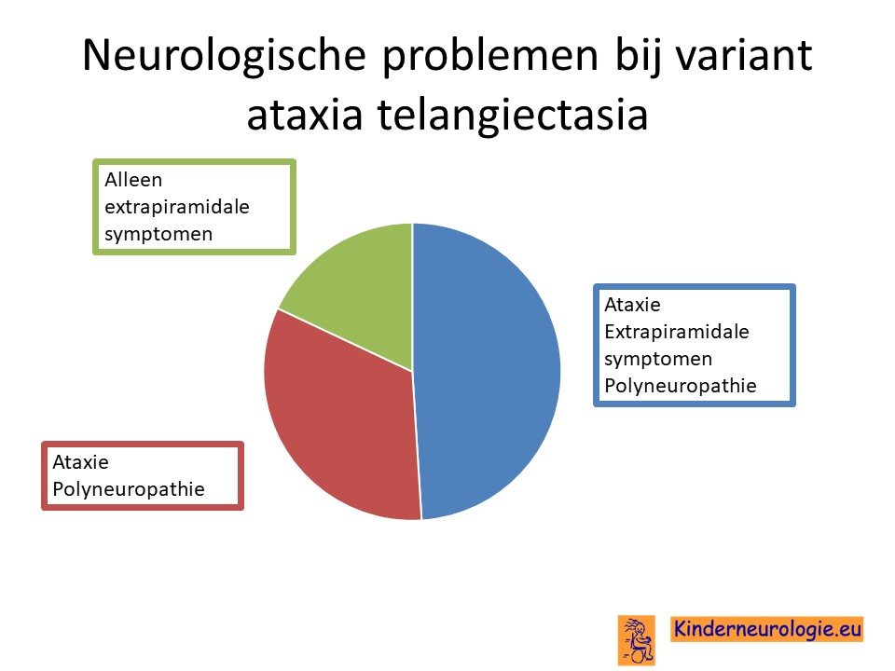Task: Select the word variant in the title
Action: pyautogui.click(x=744, y=55)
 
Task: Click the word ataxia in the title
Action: pyautogui.click(x=305, y=114)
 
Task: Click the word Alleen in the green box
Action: pyautogui.click(x=133, y=180)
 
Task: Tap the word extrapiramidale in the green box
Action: pyautogui.click(x=177, y=207)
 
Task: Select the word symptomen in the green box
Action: pyautogui.click(x=158, y=235)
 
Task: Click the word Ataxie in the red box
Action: pyautogui.click(x=80, y=461)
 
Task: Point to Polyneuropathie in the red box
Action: pyautogui.click(x=129, y=489)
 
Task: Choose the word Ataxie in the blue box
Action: pyautogui.click(x=632, y=305)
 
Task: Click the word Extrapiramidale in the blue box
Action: pyautogui.click(x=677, y=332)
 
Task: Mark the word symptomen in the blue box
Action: pyautogui.click(x=659, y=360)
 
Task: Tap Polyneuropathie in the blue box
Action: pyautogui.click(x=681, y=386)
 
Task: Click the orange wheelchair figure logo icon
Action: pyautogui.click(x=637, y=640)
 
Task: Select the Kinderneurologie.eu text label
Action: pyautogui.click(x=767, y=629)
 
